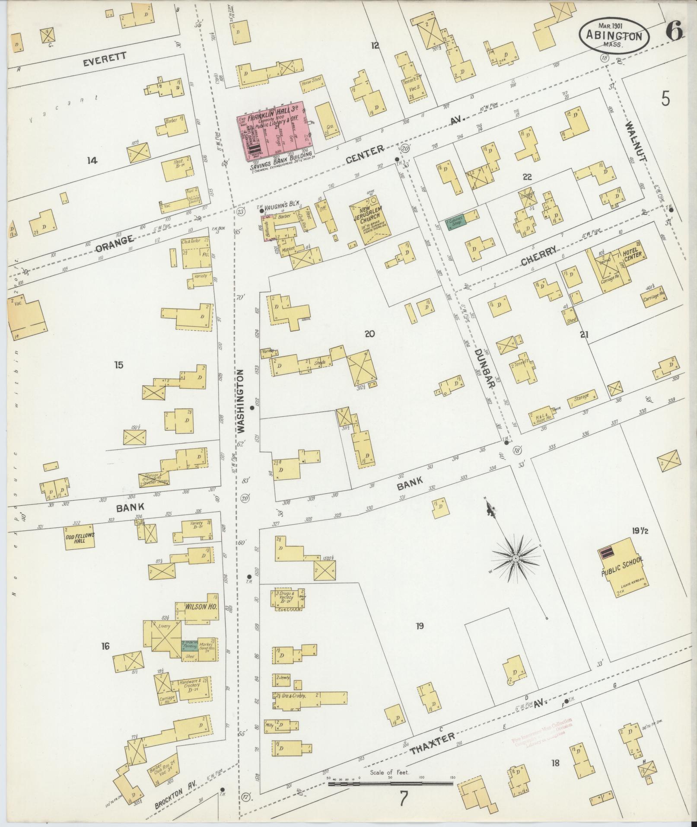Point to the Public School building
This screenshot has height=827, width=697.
[x=622, y=567]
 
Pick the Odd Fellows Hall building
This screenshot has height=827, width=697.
[x=80, y=537]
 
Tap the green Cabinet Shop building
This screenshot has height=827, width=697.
[x=455, y=221]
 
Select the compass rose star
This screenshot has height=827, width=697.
[x=516, y=558]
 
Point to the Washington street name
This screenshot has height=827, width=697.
[x=241, y=402]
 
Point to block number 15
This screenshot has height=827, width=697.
[x=118, y=365]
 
